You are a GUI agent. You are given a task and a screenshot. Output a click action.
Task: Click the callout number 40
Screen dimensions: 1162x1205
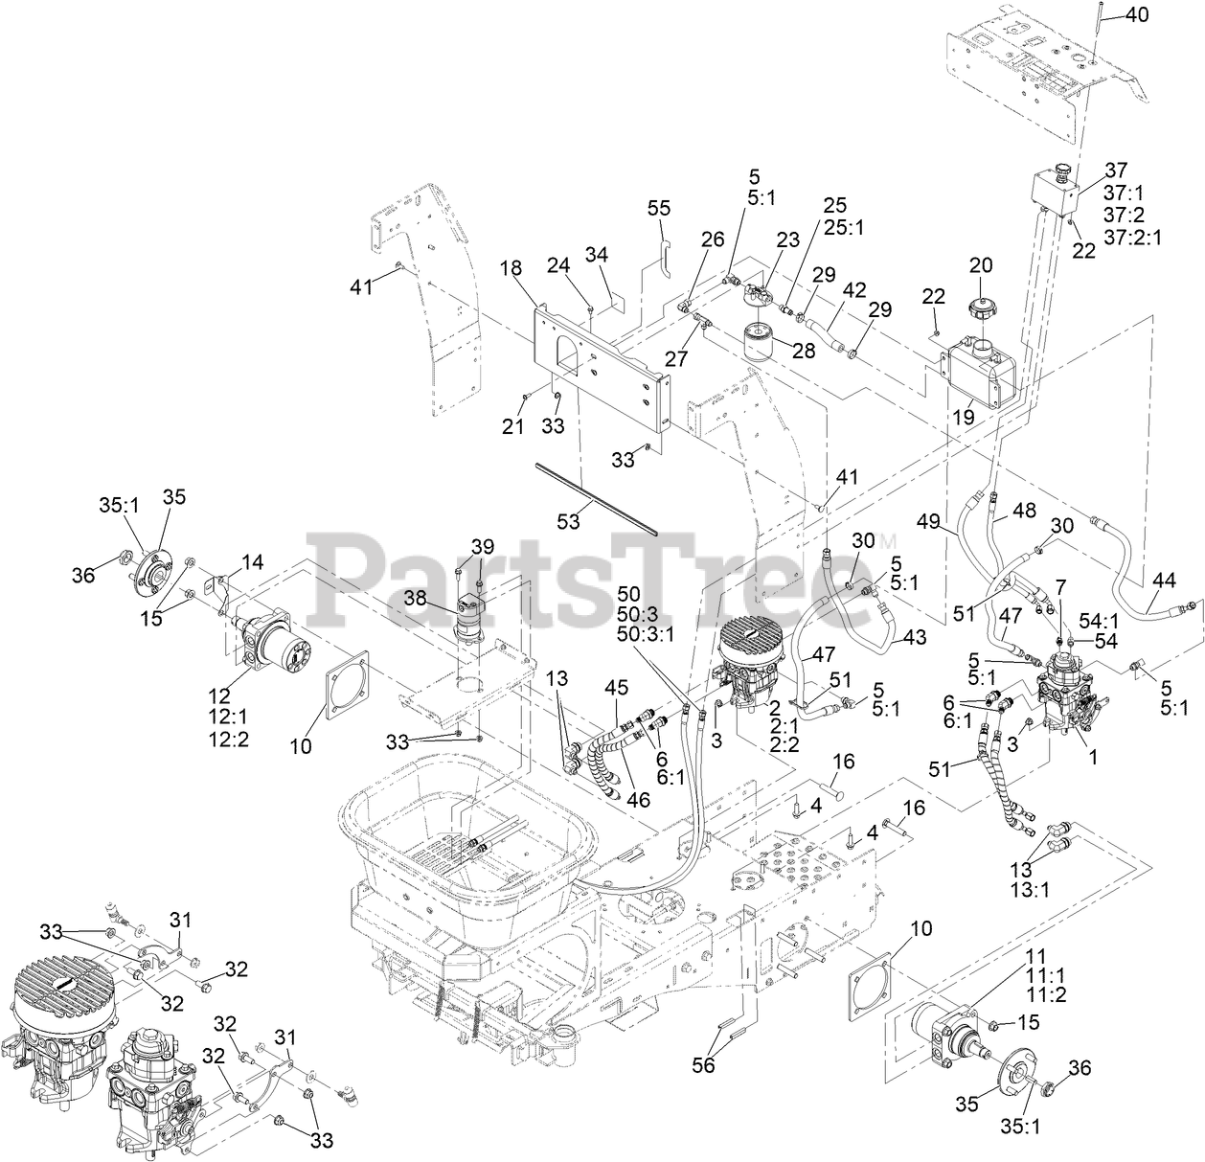1135,15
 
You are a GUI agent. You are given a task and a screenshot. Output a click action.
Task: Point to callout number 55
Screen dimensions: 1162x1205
659,208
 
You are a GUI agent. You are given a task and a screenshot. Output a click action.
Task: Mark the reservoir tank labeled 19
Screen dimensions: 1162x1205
980,376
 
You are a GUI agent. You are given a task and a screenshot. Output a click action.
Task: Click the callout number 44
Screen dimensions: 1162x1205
1164,580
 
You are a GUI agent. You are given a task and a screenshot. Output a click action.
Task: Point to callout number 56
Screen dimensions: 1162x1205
704,1064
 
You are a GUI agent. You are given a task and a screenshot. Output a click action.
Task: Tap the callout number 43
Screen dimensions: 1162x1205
916,635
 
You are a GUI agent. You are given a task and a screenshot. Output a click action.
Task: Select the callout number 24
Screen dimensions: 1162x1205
559,265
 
